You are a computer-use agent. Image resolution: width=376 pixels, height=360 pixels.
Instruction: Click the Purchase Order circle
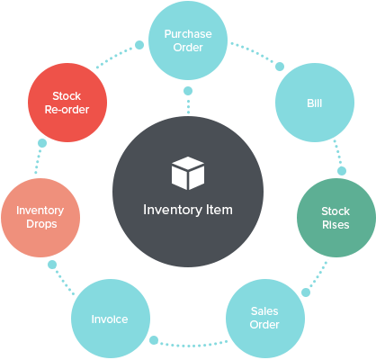coord(187,40)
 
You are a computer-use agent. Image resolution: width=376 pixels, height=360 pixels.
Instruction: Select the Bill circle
coord(314,103)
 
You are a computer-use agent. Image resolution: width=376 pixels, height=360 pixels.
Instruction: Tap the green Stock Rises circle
coord(336,218)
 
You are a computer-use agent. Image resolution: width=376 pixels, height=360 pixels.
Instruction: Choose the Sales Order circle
coord(264,318)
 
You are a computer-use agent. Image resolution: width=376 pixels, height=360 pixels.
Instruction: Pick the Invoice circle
coord(110,319)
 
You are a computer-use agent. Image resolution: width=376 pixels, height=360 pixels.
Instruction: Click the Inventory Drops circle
coord(40,217)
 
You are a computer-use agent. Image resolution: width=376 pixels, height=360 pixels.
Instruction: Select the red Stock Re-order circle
coord(66,102)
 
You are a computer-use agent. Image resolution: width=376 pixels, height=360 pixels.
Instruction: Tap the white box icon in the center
coord(187,173)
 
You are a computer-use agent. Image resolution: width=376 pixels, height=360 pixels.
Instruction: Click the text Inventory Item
coord(187,210)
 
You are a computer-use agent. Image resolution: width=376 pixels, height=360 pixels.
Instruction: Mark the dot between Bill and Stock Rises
coord(341,170)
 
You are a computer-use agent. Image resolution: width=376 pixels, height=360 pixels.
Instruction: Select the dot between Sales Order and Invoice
coord(156,340)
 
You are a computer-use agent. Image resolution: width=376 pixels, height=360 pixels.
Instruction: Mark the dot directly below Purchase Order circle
coord(187,91)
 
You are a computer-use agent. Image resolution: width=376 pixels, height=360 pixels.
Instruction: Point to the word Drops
coord(40,224)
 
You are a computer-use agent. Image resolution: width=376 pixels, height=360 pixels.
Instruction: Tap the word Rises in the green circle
coord(336,225)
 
